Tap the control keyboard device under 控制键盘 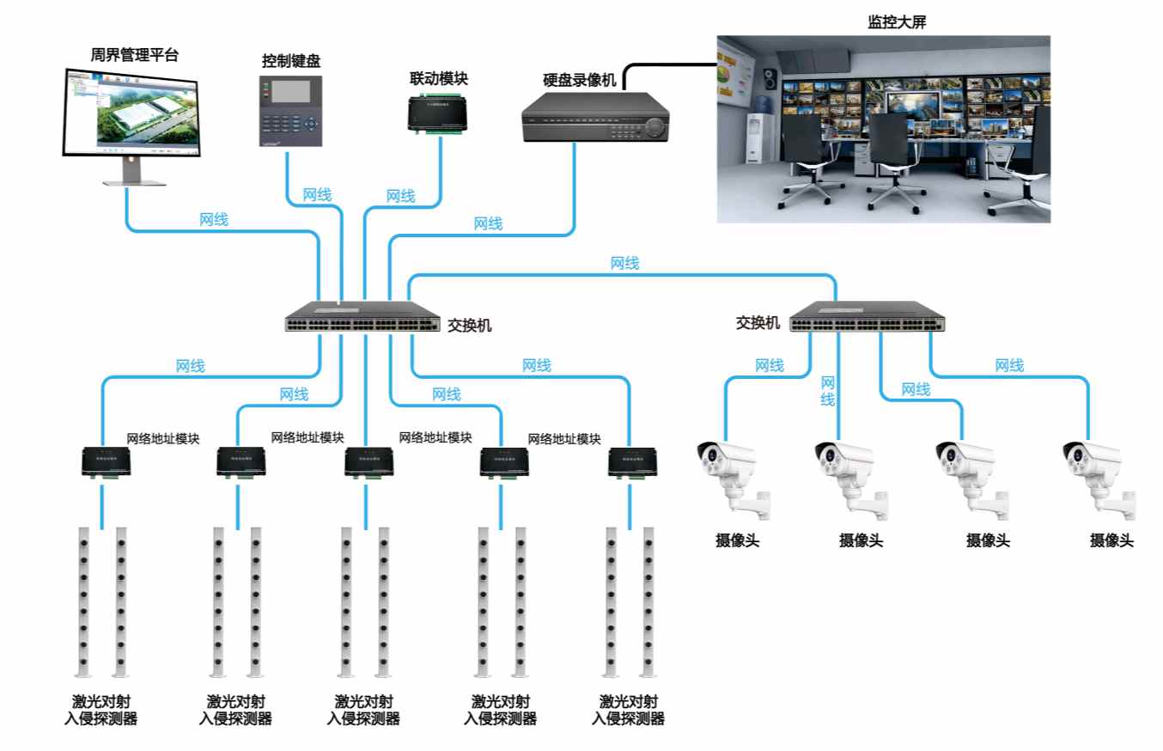coord(290,110)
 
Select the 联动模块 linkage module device coord(438,112)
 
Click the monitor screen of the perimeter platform coord(131,113)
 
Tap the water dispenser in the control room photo coord(756,137)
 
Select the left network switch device coord(364,319)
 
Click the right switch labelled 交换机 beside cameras coord(869,319)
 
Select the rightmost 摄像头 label coord(1111,540)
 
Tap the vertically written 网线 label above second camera coord(827,391)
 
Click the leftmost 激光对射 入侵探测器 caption coord(101,710)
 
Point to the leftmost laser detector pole coord(83,602)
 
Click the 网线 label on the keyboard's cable coord(317,195)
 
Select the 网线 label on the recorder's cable coord(488,223)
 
